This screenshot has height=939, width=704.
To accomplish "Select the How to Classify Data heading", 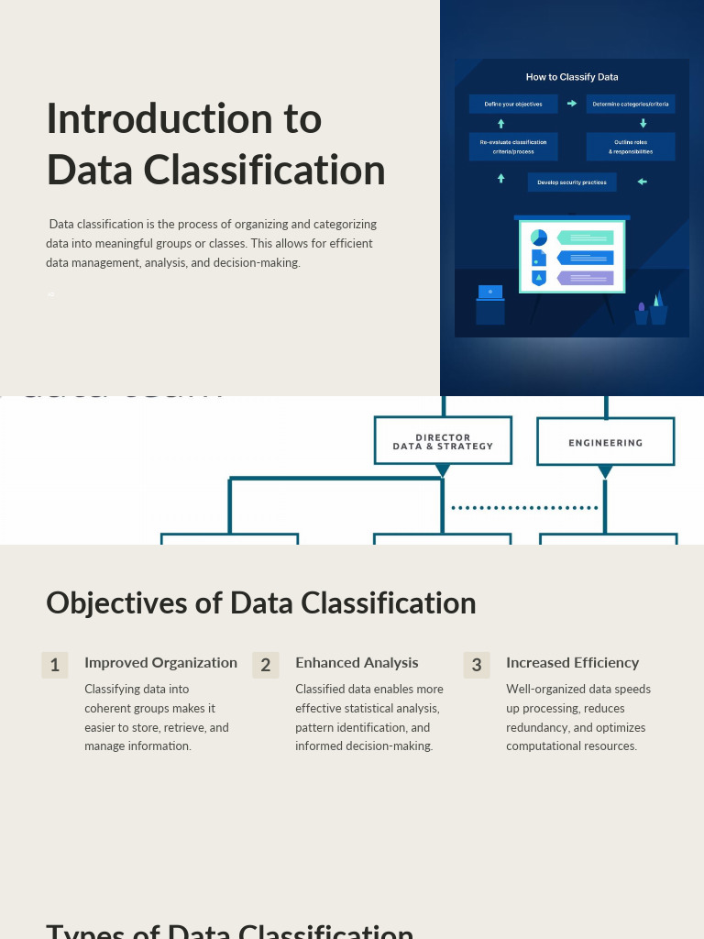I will click(x=571, y=77).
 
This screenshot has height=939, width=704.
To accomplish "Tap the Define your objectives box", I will click(x=513, y=105).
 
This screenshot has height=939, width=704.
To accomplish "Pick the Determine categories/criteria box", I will click(x=631, y=105).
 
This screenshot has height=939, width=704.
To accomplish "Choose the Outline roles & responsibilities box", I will click(x=631, y=147).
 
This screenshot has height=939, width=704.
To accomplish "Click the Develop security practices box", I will click(x=572, y=182).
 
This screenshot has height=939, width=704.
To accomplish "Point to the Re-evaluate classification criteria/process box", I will click(x=513, y=147).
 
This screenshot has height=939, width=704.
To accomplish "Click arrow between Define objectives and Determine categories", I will click(x=572, y=104).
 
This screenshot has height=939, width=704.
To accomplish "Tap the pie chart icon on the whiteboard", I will click(x=539, y=238).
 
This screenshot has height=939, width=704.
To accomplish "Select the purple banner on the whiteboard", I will click(x=585, y=278).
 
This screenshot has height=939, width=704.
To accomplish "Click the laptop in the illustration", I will click(x=490, y=293).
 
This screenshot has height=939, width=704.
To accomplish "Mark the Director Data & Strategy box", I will click(x=443, y=442).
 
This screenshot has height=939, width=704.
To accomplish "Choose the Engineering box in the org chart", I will click(x=605, y=443).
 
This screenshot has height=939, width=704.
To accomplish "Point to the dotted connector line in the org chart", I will click(x=525, y=507).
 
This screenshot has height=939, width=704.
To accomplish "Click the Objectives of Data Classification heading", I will click(x=261, y=603).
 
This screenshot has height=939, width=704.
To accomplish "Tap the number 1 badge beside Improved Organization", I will click(x=55, y=666).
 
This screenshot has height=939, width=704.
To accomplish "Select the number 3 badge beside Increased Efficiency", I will click(x=477, y=666).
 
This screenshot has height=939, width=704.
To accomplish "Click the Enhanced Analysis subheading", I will click(x=357, y=663).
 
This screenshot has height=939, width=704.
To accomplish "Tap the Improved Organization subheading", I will click(x=160, y=663).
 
